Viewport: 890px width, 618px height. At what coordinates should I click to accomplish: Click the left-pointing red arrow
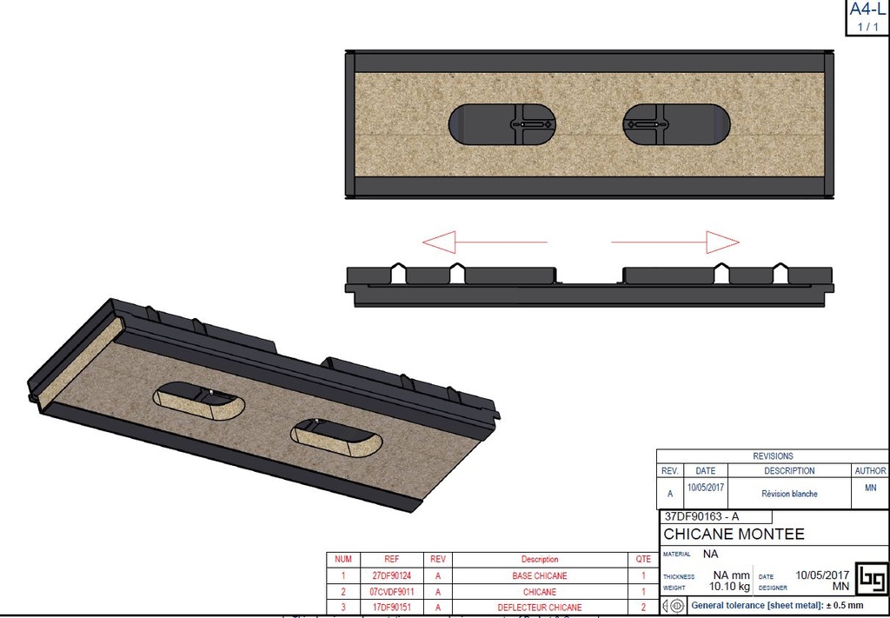(483, 242)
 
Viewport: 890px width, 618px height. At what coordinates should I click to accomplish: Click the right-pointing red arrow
(675, 242)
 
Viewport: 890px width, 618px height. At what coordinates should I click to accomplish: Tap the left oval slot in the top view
(501, 124)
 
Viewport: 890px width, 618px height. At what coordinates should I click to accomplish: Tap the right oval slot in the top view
(675, 124)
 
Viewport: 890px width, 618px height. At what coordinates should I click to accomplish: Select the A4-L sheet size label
(867, 10)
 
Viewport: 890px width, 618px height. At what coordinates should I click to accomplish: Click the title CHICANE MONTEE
(734, 534)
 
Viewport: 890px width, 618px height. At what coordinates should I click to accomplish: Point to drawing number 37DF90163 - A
(701, 516)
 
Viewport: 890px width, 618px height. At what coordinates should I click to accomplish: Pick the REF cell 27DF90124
(391, 575)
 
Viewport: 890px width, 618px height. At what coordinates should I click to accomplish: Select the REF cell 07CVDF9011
(391, 591)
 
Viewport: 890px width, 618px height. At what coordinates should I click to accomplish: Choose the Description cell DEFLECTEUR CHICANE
(540, 607)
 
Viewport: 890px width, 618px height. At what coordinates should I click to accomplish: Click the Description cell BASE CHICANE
(540, 575)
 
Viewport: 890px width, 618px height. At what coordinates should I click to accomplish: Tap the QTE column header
(643, 559)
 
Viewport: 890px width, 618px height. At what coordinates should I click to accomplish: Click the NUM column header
(343, 559)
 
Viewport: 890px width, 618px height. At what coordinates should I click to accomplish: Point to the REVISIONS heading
(773, 455)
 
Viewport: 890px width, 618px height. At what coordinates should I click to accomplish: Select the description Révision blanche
(789, 494)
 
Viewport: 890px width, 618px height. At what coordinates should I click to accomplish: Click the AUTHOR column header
(870, 470)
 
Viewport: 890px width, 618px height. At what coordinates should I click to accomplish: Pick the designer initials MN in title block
(840, 587)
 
